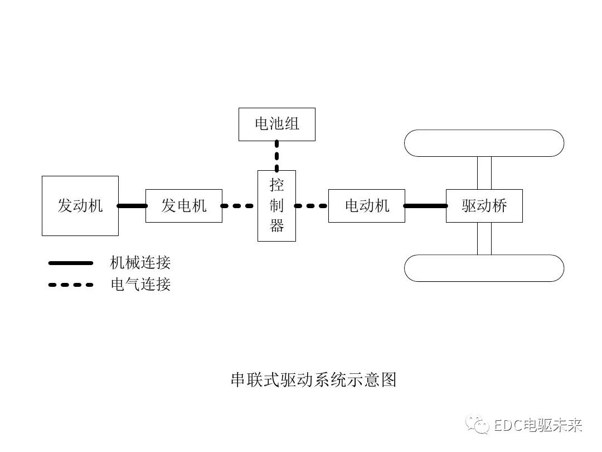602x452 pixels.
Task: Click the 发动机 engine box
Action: pos(80,205)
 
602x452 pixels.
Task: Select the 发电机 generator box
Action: pos(184,206)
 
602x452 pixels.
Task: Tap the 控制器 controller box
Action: pos(276,206)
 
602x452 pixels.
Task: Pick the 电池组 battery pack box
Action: pos(277,124)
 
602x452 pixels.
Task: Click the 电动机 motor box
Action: pos(366,206)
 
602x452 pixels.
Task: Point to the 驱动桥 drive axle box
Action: pos(484,206)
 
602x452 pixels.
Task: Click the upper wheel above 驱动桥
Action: pos(484,143)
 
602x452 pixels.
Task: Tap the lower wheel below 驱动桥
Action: pos(484,268)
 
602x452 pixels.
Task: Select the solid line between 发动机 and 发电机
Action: pos(132,206)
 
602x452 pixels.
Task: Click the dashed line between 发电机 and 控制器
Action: pos(240,206)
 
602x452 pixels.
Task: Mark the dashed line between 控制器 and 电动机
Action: pos(312,206)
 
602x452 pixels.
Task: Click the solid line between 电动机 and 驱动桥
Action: pos(425,206)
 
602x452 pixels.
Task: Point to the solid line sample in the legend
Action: pos(71,262)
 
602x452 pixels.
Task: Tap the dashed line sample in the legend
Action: pos(71,285)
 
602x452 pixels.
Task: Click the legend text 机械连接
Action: pos(140,262)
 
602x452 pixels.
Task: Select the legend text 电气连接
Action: pos(140,285)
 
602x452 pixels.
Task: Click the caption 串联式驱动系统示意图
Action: pos(313,380)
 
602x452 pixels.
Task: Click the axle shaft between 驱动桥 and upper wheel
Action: pos(484,173)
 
